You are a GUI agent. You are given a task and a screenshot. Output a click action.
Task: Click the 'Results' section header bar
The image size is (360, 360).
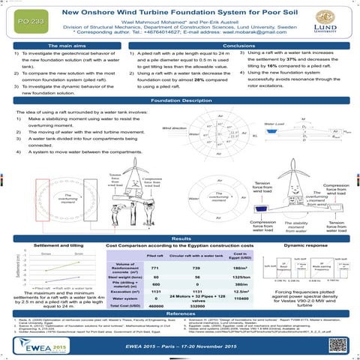(x=179, y=217)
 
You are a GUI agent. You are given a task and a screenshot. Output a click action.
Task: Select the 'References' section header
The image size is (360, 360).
(x=179, y=313)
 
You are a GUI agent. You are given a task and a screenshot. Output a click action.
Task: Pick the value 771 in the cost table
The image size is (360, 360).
(x=155, y=246)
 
